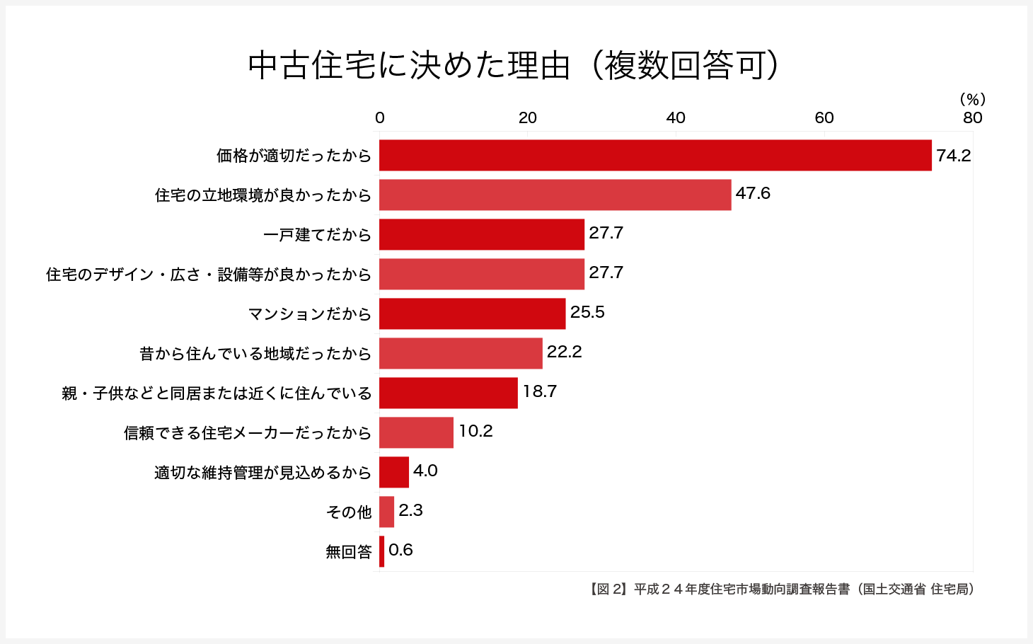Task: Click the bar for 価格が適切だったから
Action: (x=655, y=155)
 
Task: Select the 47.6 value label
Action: (x=753, y=194)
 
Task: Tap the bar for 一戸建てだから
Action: (x=482, y=234)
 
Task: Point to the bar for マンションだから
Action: (x=473, y=314)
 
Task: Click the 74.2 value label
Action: (x=953, y=156)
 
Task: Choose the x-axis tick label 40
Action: (x=676, y=117)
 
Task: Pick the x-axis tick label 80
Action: (x=972, y=117)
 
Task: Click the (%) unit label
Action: (x=972, y=100)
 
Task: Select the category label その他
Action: (x=349, y=512)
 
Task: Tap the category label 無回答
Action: (x=349, y=551)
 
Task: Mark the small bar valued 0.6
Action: (x=382, y=551)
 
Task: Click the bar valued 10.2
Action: (x=416, y=432)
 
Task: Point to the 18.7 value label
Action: (x=540, y=392)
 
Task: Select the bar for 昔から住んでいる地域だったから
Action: (x=461, y=353)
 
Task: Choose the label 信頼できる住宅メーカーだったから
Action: (x=248, y=432)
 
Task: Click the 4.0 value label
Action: (x=425, y=471)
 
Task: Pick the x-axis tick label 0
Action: (x=380, y=117)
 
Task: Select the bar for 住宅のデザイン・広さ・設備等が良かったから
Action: (x=482, y=274)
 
